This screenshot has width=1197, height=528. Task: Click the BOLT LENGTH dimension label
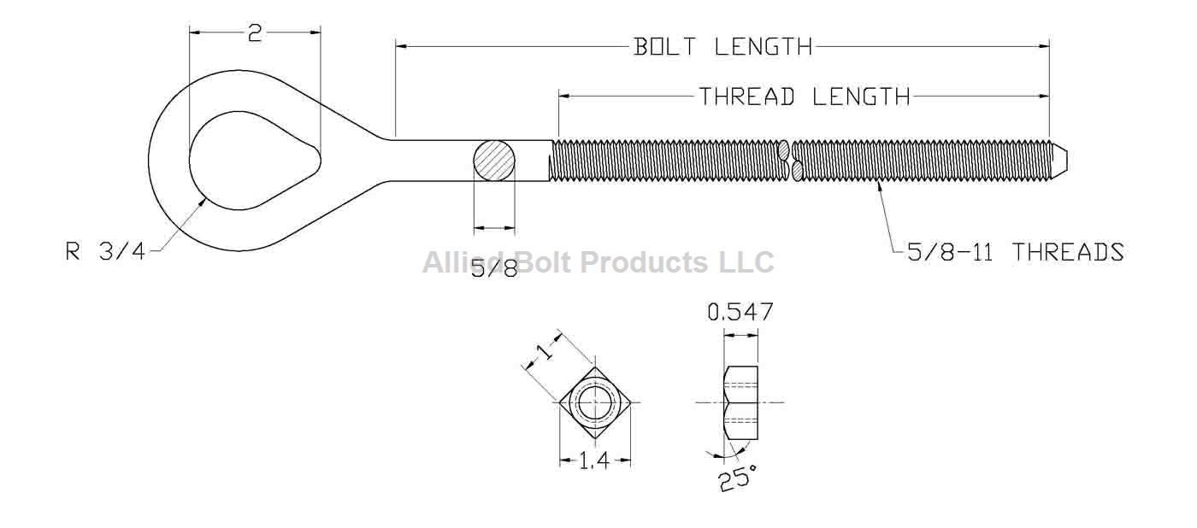pyautogui.click(x=722, y=46)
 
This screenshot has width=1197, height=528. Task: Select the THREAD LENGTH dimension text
pyautogui.click(x=805, y=97)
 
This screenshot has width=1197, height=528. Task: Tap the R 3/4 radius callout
pyautogui.click(x=105, y=252)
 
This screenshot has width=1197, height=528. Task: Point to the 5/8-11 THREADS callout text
pyautogui.click(x=1015, y=252)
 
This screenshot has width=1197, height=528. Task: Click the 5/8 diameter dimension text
pyautogui.click(x=494, y=269)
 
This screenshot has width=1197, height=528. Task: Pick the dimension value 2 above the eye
pyautogui.click(x=255, y=33)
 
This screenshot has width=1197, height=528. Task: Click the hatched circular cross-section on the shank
pyautogui.click(x=495, y=161)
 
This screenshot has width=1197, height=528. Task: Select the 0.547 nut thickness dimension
pyautogui.click(x=740, y=313)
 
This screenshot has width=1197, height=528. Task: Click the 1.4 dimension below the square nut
pyautogui.click(x=593, y=461)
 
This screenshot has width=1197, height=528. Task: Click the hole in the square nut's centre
pyautogui.click(x=594, y=402)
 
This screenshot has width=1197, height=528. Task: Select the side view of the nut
pyautogui.click(x=740, y=402)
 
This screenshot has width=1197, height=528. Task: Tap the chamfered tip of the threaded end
pyautogui.click(x=1059, y=159)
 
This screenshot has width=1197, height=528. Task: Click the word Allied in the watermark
pyautogui.click(x=461, y=261)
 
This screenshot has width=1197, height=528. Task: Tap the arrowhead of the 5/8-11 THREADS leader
pyautogui.click(x=880, y=182)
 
